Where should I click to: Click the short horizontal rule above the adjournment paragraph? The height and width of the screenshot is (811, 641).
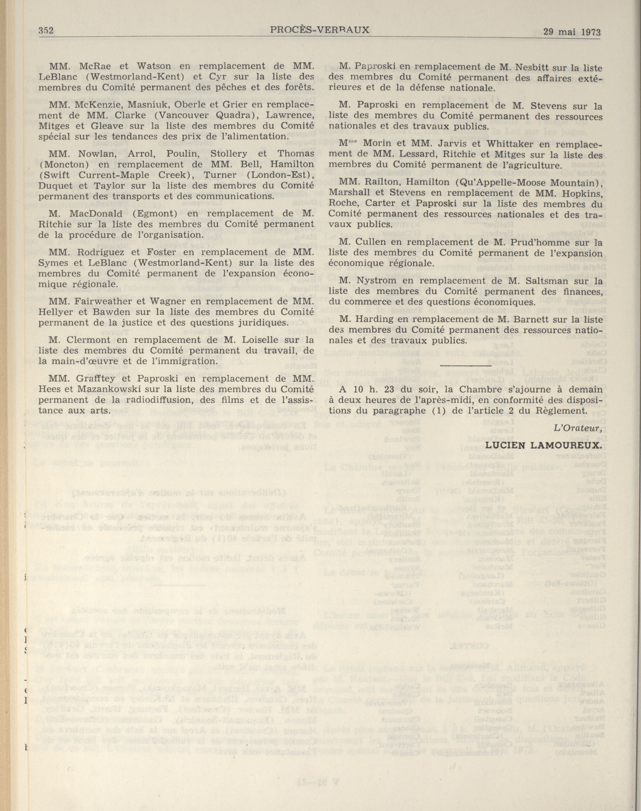point(465,364)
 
